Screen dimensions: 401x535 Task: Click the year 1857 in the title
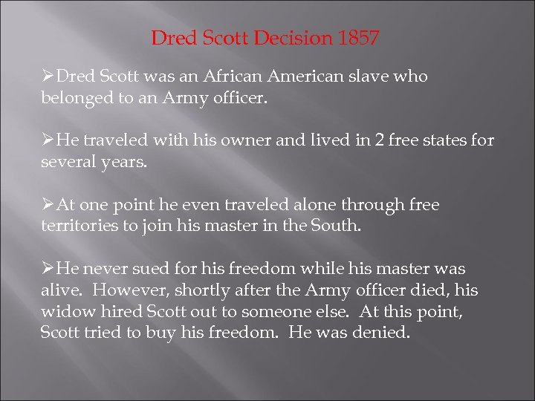[x=359, y=38]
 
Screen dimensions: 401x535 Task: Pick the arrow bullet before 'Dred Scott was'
[x=48, y=77]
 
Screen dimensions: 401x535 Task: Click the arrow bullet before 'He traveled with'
[x=48, y=141]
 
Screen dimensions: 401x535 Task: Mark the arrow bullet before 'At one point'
[x=48, y=205]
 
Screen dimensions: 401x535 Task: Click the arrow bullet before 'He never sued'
[x=48, y=269]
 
